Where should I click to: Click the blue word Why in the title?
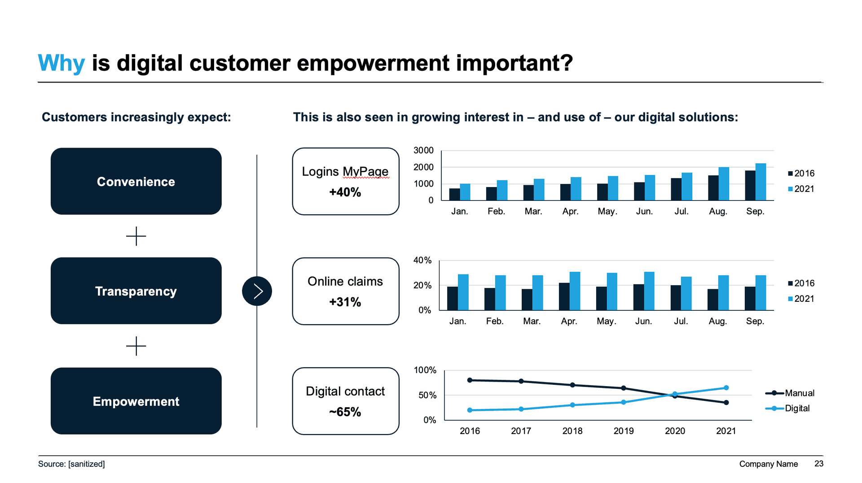point(61,63)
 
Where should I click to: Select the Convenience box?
point(136,181)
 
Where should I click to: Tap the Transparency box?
point(136,291)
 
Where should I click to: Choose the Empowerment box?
point(136,401)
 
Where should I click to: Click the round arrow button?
point(257,291)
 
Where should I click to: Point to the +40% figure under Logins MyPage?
point(345,192)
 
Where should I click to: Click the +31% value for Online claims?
point(345,302)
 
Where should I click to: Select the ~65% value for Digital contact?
point(345,412)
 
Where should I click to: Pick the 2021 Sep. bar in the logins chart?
point(761,182)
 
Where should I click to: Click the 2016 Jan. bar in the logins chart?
point(454,194)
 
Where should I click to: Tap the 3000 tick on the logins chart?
point(423,150)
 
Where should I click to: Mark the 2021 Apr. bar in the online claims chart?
point(575,291)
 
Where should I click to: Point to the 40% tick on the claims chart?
point(422,260)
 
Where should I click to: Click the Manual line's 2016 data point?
point(470,380)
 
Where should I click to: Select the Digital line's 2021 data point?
point(726,388)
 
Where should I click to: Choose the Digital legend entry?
point(797,408)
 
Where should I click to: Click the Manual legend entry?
point(799,393)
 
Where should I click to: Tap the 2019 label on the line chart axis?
point(624,431)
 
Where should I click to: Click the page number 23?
point(819,464)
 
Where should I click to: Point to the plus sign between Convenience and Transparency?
point(136,236)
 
